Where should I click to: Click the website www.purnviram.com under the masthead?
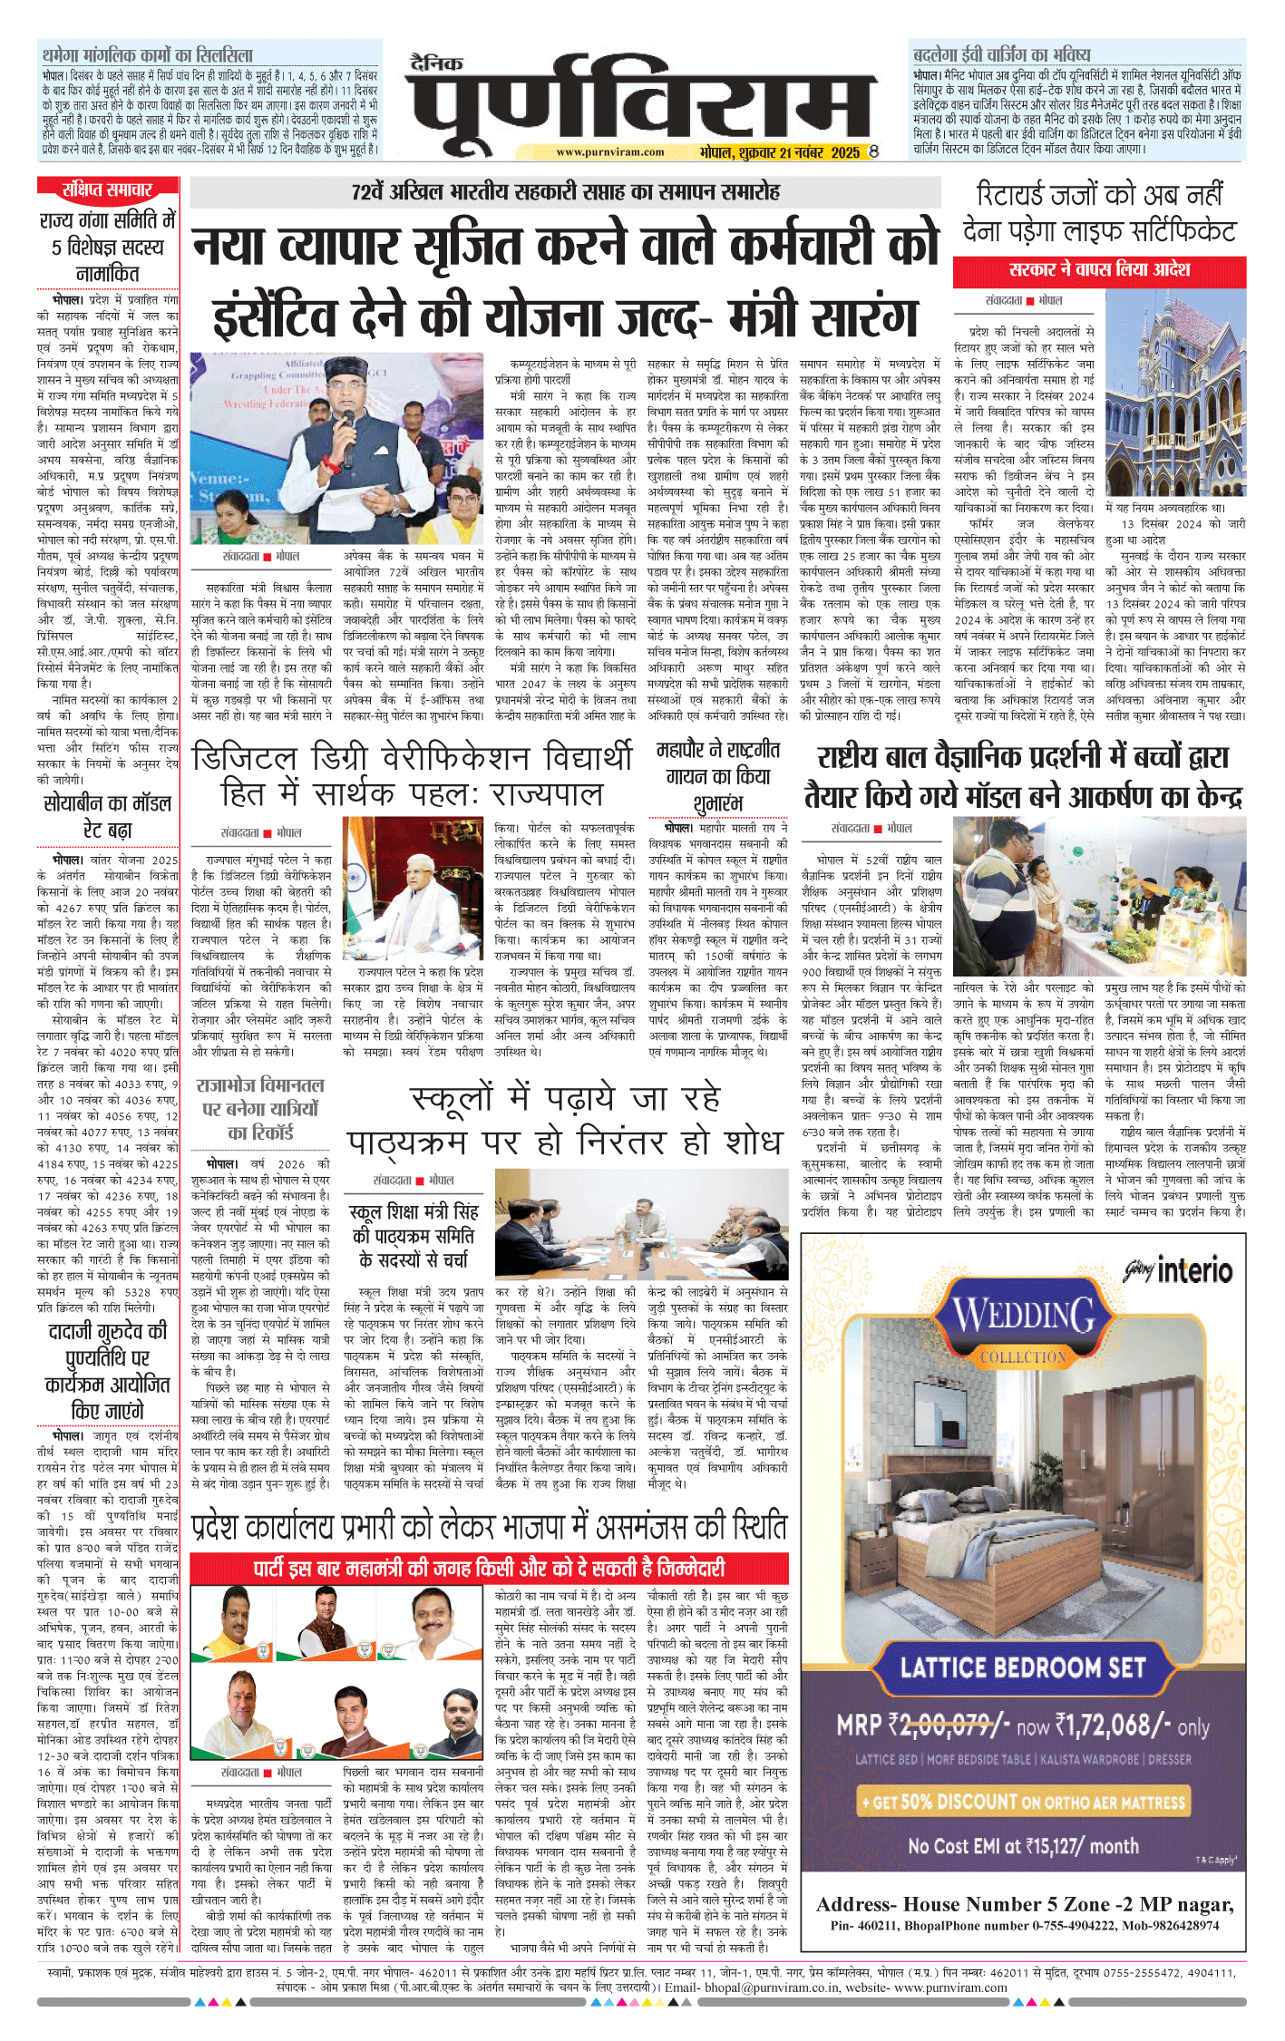(x=609, y=152)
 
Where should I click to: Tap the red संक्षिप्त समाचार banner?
(x=108, y=190)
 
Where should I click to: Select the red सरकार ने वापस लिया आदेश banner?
(x=1099, y=270)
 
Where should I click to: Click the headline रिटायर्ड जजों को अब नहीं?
(x=1099, y=194)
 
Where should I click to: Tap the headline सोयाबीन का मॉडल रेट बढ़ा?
(x=108, y=816)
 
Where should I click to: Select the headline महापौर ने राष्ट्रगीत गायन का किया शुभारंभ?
(x=717, y=776)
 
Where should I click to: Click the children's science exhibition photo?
(x=1099, y=894)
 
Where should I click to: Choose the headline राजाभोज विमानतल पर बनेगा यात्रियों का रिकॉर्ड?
(x=260, y=1108)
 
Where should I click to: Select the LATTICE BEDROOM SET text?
(x=1023, y=1667)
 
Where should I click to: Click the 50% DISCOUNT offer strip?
(x=1023, y=1802)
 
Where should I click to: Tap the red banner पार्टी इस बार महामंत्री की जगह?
(x=489, y=1569)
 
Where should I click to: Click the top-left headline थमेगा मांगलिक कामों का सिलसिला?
(x=148, y=54)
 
